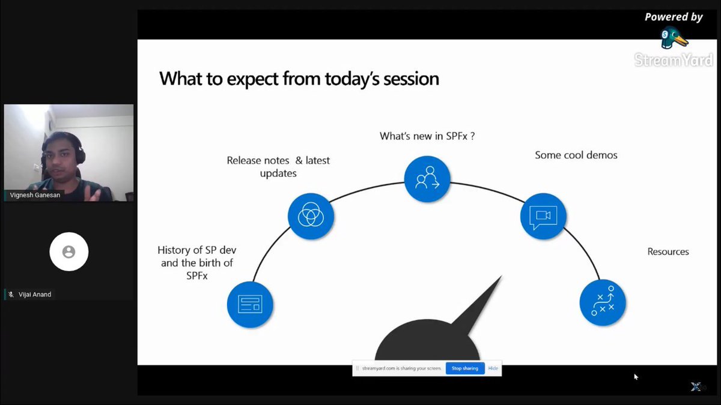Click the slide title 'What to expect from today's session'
299,79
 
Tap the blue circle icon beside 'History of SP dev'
250,304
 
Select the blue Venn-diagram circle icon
311,214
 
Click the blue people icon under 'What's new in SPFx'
427,178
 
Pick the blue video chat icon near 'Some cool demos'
543,217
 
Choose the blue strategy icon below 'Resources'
603,302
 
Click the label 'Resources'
668,251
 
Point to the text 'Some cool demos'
576,155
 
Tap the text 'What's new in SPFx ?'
427,136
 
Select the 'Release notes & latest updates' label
278,167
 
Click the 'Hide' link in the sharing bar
493,368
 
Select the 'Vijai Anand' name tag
34,295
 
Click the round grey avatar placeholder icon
69,252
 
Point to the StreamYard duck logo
674,39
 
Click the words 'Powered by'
673,17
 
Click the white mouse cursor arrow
636,377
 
